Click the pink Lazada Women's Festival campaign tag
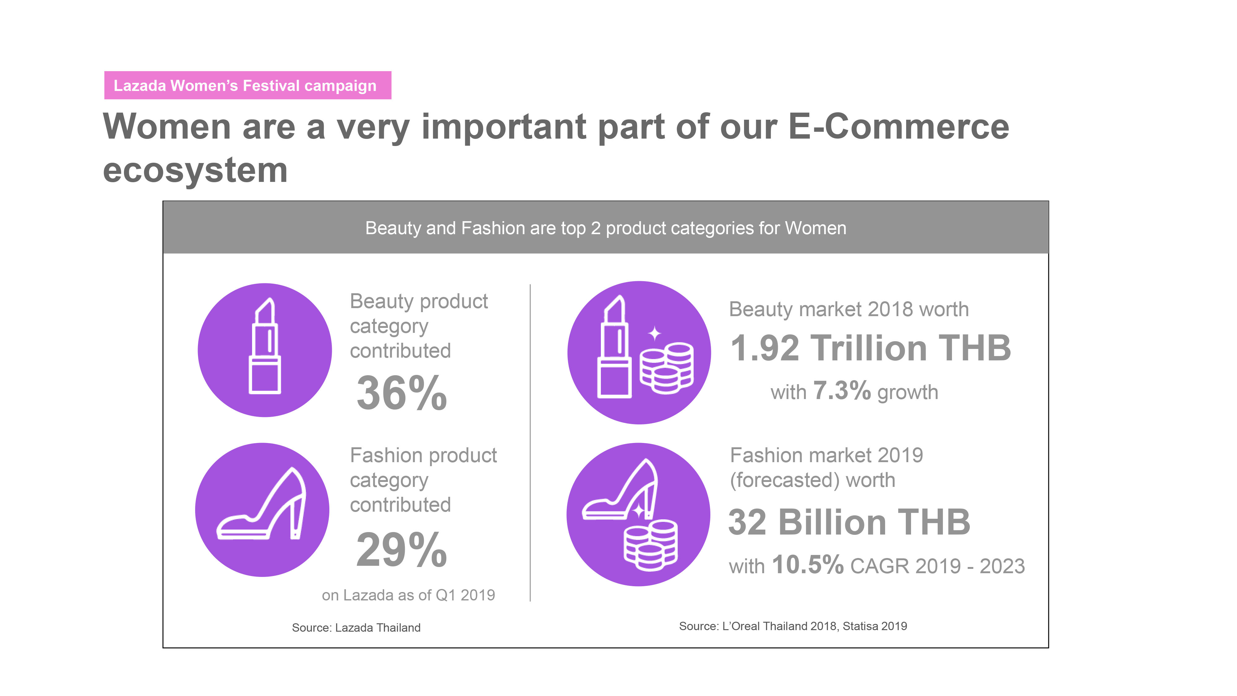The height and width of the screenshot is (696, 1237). [x=248, y=85]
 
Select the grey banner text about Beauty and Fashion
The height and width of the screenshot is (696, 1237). [x=606, y=228]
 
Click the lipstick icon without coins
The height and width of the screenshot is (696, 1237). [x=265, y=346]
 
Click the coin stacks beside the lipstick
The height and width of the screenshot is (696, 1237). [x=666, y=367]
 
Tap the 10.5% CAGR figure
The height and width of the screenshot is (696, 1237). [x=808, y=565]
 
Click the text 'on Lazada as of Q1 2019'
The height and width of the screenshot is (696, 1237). [x=408, y=595]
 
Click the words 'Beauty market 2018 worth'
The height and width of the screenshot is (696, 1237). [x=849, y=309]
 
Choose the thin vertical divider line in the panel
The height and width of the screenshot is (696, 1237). [x=530, y=443]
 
